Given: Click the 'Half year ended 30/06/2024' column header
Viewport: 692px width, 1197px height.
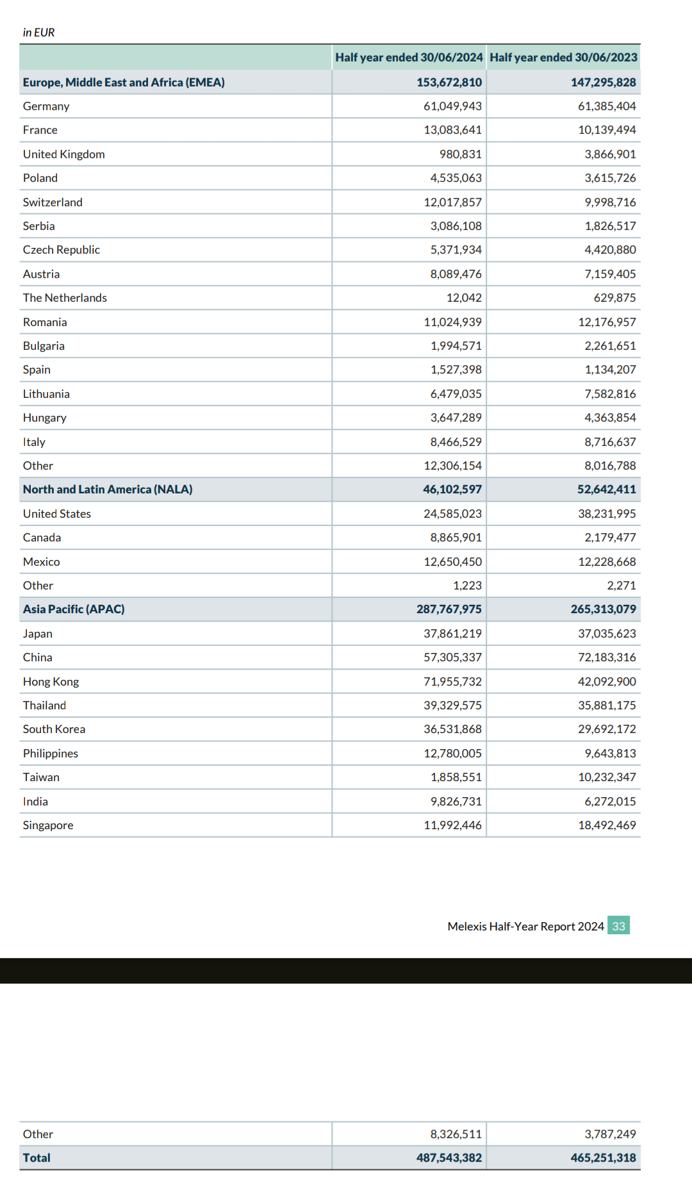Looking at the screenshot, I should pyautogui.click(x=409, y=58).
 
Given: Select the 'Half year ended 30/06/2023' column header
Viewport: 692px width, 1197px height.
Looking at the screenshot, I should pyautogui.click(x=563, y=58).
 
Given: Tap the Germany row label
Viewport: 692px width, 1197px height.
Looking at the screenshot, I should pyautogui.click(x=46, y=106).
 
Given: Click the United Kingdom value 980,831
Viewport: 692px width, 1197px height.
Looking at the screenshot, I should pyautogui.click(x=460, y=154).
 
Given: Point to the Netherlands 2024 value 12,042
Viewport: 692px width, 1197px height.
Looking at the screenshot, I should pyautogui.click(x=464, y=298).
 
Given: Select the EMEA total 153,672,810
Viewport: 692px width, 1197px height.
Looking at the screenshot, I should pyautogui.click(x=449, y=83).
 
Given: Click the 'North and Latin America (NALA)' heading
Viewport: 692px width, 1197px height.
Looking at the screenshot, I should pyautogui.click(x=108, y=490).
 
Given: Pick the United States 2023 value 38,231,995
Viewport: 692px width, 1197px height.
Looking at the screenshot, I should pyautogui.click(x=606, y=514).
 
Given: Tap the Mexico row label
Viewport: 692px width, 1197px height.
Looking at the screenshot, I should pyautogui.click(x=42, y=562).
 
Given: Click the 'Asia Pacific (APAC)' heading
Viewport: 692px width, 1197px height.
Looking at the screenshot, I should pyautogui.click(x=74, y=609).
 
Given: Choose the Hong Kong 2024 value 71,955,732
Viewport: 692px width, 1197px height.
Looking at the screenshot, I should pyautogui.click(x=452, y=682).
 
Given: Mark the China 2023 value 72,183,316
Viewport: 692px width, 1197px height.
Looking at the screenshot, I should pyautogui.click(x=606, y=657).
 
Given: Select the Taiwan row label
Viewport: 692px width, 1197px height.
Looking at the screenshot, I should pyautogui.click(x=41, y=777).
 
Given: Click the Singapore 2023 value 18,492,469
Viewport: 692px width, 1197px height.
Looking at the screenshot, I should pyautogui.click(x=606, y=825).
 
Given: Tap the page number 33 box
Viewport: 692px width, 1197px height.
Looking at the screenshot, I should pyautogui.click(x=618, y=926).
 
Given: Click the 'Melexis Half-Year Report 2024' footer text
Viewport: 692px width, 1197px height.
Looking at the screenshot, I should pyautogui.click(x=525, y=927).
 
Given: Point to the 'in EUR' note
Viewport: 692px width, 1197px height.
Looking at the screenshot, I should pyautogui.click(x=38, y=33).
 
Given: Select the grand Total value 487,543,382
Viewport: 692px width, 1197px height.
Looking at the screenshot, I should pyautogui.click(x=449, y=1158).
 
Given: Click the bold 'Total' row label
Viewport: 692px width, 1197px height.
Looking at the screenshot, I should pyautogui.click(x=37, y=1158).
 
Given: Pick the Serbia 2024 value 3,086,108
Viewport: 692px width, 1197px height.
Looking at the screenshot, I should pyautogui.click(x=456, y=226).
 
